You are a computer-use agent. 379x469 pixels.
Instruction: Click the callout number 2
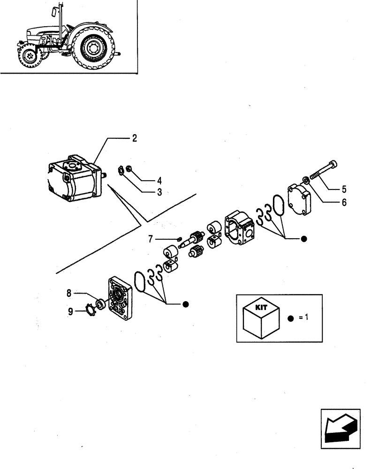pos(134,138)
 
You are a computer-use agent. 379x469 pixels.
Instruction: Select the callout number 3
pos(146,192)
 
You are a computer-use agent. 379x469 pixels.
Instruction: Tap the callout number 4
pos(146,180)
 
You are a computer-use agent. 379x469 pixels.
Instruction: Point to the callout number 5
pos(344,190)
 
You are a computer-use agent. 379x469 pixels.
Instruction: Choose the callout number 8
pos(68,294)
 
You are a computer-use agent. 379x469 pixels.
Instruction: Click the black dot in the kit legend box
pos(290,318)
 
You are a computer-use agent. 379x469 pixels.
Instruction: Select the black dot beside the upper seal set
pos(303,239)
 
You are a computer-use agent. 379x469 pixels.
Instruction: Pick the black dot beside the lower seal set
pos(186,304)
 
